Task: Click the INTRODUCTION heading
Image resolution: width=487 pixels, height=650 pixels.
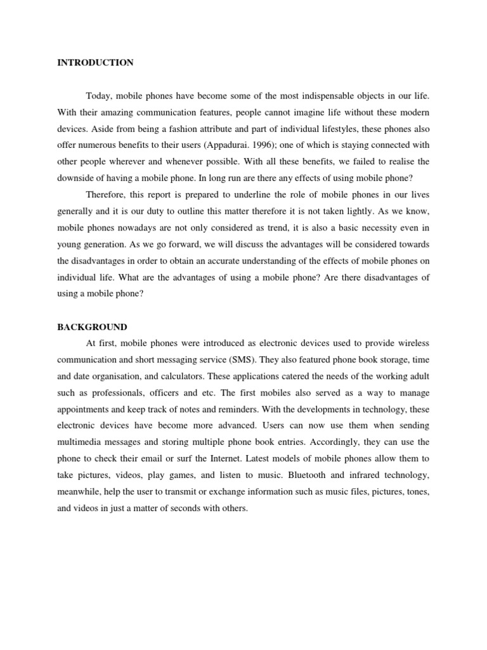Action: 95,63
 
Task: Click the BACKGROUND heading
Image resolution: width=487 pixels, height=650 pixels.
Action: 92,327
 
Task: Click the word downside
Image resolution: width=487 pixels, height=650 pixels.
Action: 75,178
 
